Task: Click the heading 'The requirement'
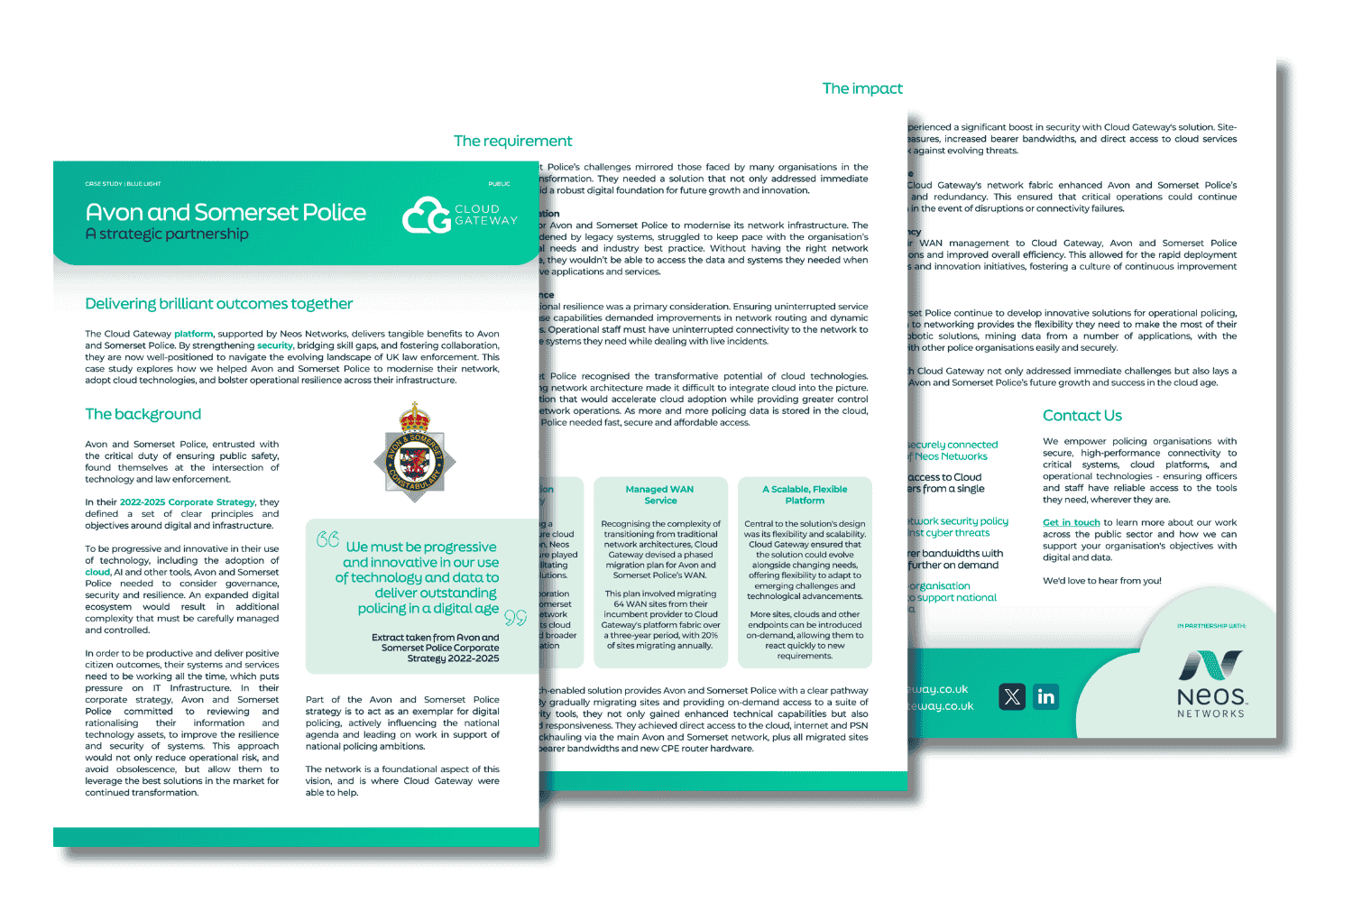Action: (x=512, y=141)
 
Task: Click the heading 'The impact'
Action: (x=861, y=88)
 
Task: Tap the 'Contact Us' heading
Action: (x=1081, y=415)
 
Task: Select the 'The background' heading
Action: (x=143, y=414)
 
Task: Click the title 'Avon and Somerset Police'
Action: (x=225, y=212)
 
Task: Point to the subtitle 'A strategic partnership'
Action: (x=166, y=235)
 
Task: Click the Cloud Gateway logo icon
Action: (x=427, y=216)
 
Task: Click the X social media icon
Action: (x=1012, y=696)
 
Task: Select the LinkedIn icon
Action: (x=1045, y=696)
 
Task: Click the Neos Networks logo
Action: (x=1210, y=683)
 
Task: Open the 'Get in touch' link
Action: (x=1071, y=522)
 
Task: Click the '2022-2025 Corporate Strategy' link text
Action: (x=188, y=502)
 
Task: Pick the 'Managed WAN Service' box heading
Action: (x=659, y=494)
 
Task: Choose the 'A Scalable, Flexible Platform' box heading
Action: (x=805, y=494)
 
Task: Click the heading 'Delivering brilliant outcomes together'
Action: (x=218, y=304)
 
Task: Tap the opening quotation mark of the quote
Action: (x=327, y=539)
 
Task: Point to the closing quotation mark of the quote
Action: (x=515, y=617)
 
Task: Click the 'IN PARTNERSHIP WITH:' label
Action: (x=1210, y=626)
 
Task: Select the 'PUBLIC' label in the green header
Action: (x=499, y=184)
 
